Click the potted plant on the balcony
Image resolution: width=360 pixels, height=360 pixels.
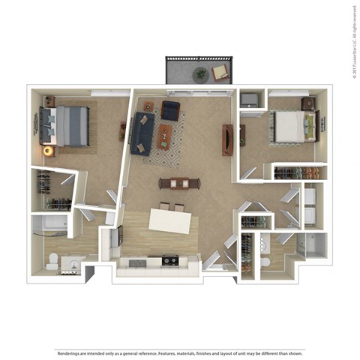(x=199, y=74)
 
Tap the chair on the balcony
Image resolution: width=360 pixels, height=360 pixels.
(x=220, y=72)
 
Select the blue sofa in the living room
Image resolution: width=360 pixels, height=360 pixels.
(x=142, y=133)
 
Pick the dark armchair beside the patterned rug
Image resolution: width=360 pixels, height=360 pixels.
(x=171, y=111)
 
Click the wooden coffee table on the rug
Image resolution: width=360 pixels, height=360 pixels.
(x=165, y=136)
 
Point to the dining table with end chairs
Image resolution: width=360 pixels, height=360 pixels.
(x=179, y=183)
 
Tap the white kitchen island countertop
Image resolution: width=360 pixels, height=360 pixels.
(x=169, y=220)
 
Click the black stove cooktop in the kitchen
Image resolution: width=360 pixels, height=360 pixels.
(x=169, y=261)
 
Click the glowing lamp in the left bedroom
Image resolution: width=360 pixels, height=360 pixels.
(x=49, y=151)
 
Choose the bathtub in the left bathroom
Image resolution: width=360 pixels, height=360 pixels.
(x=49, y=223)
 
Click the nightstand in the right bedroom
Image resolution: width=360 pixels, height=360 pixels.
(x=307, y=103)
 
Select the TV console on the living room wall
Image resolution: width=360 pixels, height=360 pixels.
(x=227, y=139)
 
